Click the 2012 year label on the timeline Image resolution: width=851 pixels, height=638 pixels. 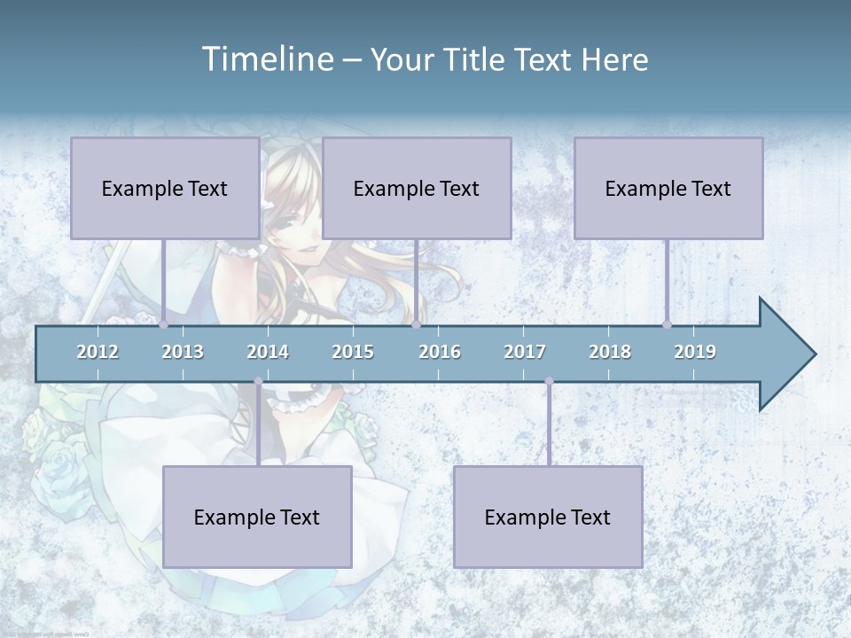point(98,352)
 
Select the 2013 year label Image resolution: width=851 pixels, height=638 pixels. point(183,352)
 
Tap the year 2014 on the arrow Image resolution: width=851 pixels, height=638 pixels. point(268,352)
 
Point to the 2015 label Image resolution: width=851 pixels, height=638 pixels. point(353,352)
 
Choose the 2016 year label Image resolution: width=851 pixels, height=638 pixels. point(440,352)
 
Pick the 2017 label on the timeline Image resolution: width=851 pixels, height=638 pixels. point(525,352)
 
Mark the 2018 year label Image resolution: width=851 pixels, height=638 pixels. point(610,352)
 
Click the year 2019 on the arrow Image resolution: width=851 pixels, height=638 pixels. point(695,352)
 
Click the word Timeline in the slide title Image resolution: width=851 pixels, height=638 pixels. point(267,59)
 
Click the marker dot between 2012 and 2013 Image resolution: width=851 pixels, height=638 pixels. point(164,324)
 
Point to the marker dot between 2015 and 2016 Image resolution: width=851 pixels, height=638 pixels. point(416,324)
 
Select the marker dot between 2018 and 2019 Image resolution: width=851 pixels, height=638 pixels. point(667,324)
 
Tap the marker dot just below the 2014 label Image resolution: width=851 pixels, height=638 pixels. point(258,381)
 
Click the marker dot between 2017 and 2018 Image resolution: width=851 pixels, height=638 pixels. point(549,381)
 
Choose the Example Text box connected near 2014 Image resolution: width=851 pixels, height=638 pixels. point(257,517)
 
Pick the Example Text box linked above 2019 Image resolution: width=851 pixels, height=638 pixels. point(668,188)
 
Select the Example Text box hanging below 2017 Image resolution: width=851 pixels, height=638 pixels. point(548,517)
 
